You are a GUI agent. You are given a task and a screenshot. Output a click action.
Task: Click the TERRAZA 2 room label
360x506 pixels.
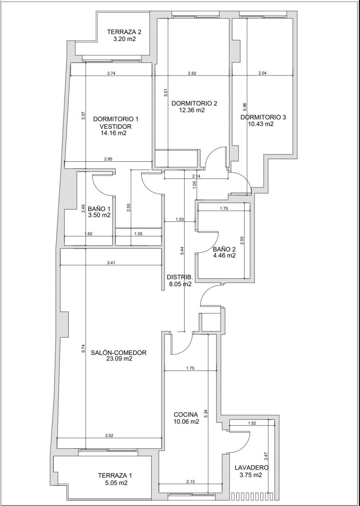124,32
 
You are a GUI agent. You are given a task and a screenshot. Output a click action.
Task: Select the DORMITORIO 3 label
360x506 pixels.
263,117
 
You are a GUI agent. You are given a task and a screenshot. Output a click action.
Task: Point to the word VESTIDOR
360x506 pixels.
116,126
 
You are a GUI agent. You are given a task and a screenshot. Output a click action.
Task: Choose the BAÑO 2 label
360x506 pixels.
224,249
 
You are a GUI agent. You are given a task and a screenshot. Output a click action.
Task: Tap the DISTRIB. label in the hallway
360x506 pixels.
180,277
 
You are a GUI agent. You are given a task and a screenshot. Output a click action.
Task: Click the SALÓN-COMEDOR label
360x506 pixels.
119,352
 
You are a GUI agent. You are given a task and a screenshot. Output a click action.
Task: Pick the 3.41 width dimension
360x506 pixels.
111,263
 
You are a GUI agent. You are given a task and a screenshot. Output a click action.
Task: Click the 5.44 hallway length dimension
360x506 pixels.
182,251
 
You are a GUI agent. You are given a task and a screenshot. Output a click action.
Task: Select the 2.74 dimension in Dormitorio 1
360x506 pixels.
111,73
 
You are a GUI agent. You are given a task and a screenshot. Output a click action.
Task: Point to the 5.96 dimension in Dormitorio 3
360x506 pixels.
245,107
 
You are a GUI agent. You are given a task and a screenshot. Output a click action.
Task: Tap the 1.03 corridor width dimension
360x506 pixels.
180,219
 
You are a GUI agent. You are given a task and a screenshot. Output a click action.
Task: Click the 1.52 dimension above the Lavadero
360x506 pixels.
252,423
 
